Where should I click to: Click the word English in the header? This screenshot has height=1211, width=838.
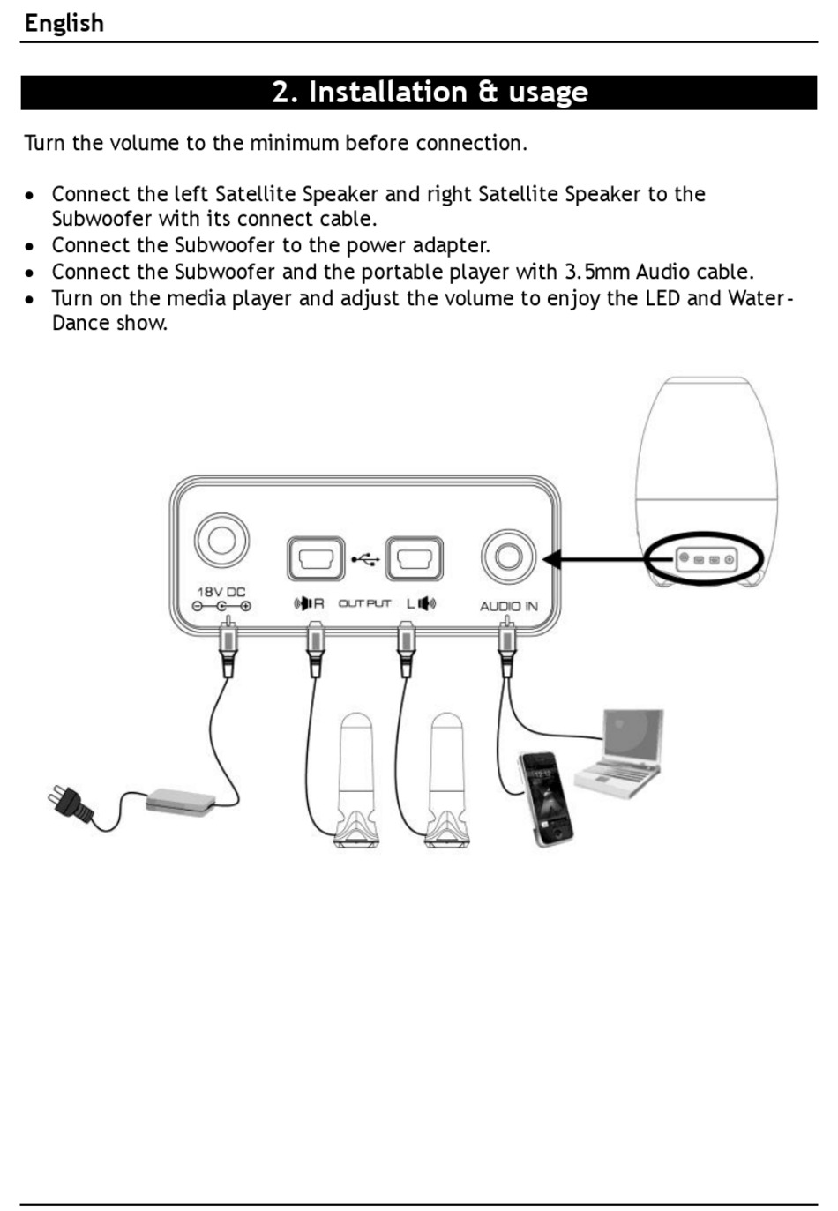64,23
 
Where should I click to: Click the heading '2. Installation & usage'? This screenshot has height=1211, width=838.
430,93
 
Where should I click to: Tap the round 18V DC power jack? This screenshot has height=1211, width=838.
221,541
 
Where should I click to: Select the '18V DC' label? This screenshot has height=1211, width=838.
221,592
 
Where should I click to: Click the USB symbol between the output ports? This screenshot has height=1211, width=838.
365,559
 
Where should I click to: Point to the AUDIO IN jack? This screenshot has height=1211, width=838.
508,557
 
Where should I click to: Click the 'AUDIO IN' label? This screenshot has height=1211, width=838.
508,606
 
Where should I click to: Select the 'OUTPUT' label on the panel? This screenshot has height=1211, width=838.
364,603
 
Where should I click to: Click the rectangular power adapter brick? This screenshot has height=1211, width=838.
180,801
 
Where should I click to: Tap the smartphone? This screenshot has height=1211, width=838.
544,797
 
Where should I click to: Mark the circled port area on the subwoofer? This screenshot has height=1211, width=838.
704,559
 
